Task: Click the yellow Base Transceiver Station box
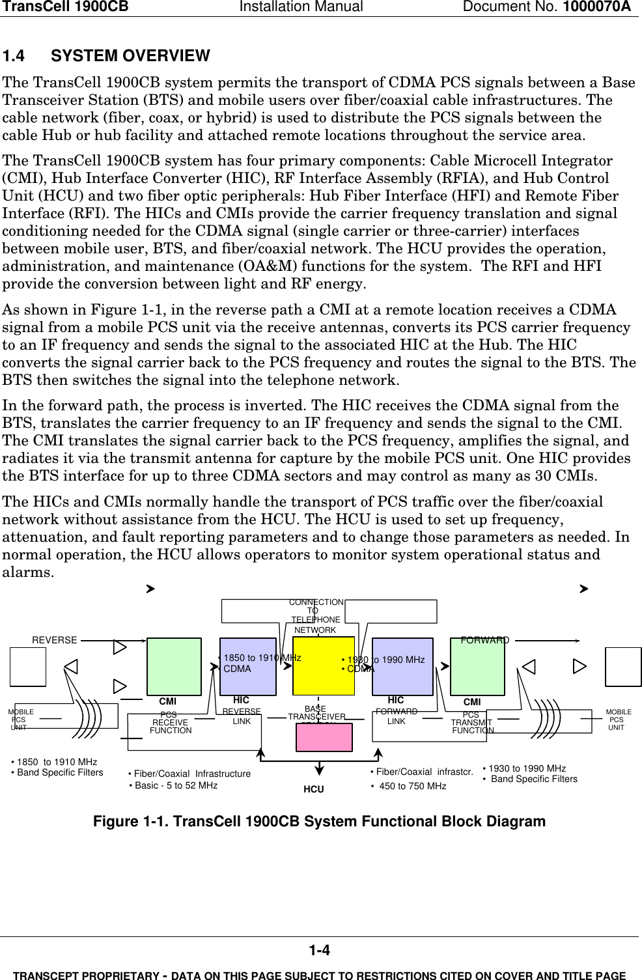point(324,666)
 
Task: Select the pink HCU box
point(324,737)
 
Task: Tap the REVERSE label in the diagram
point(55,640)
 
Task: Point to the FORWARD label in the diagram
point(484,640)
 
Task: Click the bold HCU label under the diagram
point(313,789)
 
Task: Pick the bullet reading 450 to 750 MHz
point(412,786)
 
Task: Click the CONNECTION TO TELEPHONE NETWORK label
point(316,616)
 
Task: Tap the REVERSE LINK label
point(242,716)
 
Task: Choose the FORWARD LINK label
point(396,716)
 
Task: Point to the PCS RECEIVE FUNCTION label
point(170,723)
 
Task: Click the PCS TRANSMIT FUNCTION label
point(472,723)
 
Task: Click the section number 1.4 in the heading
point(14,56)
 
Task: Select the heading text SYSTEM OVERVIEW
point(130,56)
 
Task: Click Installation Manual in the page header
point(301,7)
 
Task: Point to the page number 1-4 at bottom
point(319,951)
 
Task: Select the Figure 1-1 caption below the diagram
point(319,821)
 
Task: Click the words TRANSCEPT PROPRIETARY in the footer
point(86,975)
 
